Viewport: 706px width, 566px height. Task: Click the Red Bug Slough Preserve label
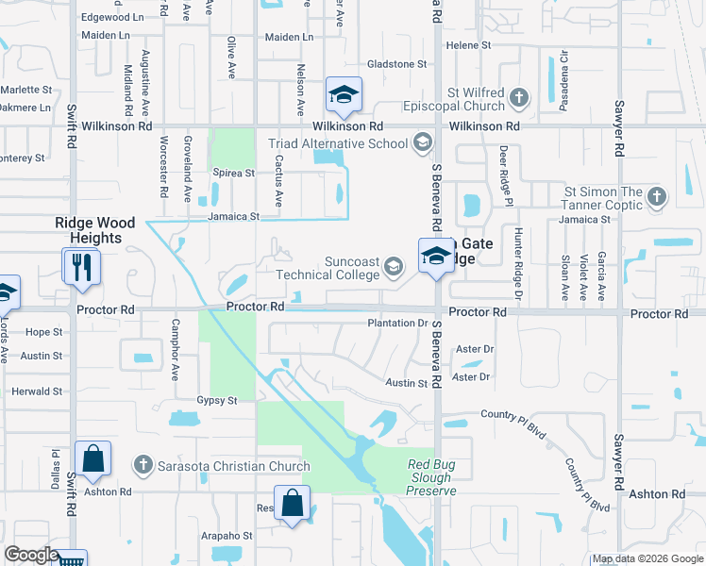(x=431, y=477)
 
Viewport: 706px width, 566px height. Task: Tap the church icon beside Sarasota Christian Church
(x=143, y=465)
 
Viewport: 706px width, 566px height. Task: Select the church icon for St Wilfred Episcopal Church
(x=518, y=97)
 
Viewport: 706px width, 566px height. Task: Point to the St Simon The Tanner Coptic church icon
(x=657, y=197)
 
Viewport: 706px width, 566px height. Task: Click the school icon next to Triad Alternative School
(x=422, y=143)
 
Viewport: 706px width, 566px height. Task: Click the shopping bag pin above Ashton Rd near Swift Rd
(x=93, y=459)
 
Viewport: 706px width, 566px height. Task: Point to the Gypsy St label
(x=216, y=401)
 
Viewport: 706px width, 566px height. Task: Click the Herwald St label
(x=36, y=391)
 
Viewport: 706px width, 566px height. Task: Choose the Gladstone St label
(x=396, y=64)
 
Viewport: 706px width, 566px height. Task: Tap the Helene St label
(x=468, y=44)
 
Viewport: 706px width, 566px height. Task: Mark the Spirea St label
(x=234, y=174)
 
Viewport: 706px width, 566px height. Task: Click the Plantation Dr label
(x=397, y=324)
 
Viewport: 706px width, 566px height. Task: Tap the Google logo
(x=32, y=555)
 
